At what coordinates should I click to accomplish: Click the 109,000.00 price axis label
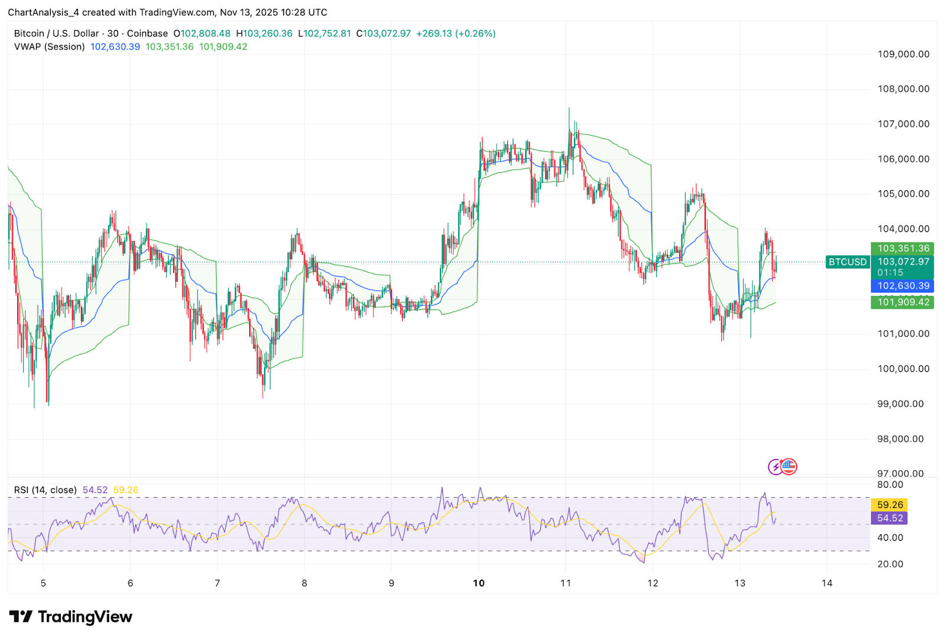tap(903, 54)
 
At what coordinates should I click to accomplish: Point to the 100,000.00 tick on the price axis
tap(903, 369)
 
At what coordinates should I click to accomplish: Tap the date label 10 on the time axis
tap(478, 583)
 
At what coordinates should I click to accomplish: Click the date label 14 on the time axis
tap(827, 583)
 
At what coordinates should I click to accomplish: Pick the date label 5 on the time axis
tap(43, 583)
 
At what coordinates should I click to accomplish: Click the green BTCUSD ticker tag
tap(848, 262)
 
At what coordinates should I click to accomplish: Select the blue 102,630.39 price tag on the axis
tap(902, 286)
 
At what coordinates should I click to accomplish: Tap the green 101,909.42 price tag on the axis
tap(902, 302)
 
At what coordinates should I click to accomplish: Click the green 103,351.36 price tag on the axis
tap(902, 249)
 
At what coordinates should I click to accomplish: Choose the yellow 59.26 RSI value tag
tap(890, 505)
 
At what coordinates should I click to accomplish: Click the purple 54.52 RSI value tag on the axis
tap(890, 518)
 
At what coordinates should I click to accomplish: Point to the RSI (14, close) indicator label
tap(45, 490)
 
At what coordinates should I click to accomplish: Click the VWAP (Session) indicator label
tap(50, 47)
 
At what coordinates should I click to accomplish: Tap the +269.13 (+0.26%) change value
tap(456, 34)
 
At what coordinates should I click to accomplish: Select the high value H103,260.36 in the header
tap(264, 34)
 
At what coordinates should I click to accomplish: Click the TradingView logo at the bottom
tap(71, 617)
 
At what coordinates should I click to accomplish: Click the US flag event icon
tap(789, 466)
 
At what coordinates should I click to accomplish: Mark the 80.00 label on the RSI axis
tap(890, 485)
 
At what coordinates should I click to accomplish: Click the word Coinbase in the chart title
tap(147, 34)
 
